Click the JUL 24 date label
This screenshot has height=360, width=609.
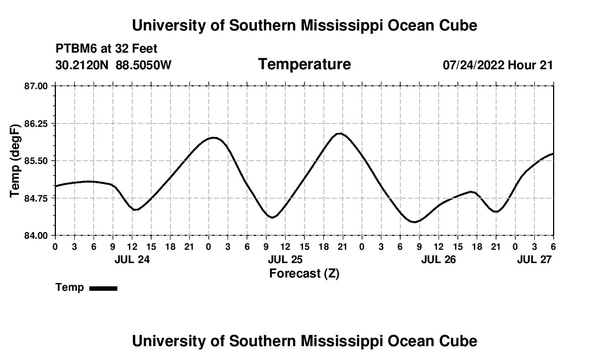(132, 259)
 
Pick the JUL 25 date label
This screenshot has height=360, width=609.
(285, 259)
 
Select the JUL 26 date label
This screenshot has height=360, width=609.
(438, 259)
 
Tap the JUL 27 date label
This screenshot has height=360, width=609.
(534, 259)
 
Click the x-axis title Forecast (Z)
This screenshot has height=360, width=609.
(304, 274)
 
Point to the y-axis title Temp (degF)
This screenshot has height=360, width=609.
(16, 161)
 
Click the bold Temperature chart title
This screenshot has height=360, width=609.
(304, 65)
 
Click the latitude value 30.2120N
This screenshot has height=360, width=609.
(83, 65)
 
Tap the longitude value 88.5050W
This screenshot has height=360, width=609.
(143, 65)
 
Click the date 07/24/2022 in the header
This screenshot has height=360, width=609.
(473, 65)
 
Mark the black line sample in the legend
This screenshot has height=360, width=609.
(103, 288)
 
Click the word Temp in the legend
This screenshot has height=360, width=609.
(70, 287)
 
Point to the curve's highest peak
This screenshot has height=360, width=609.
(340, 133)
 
